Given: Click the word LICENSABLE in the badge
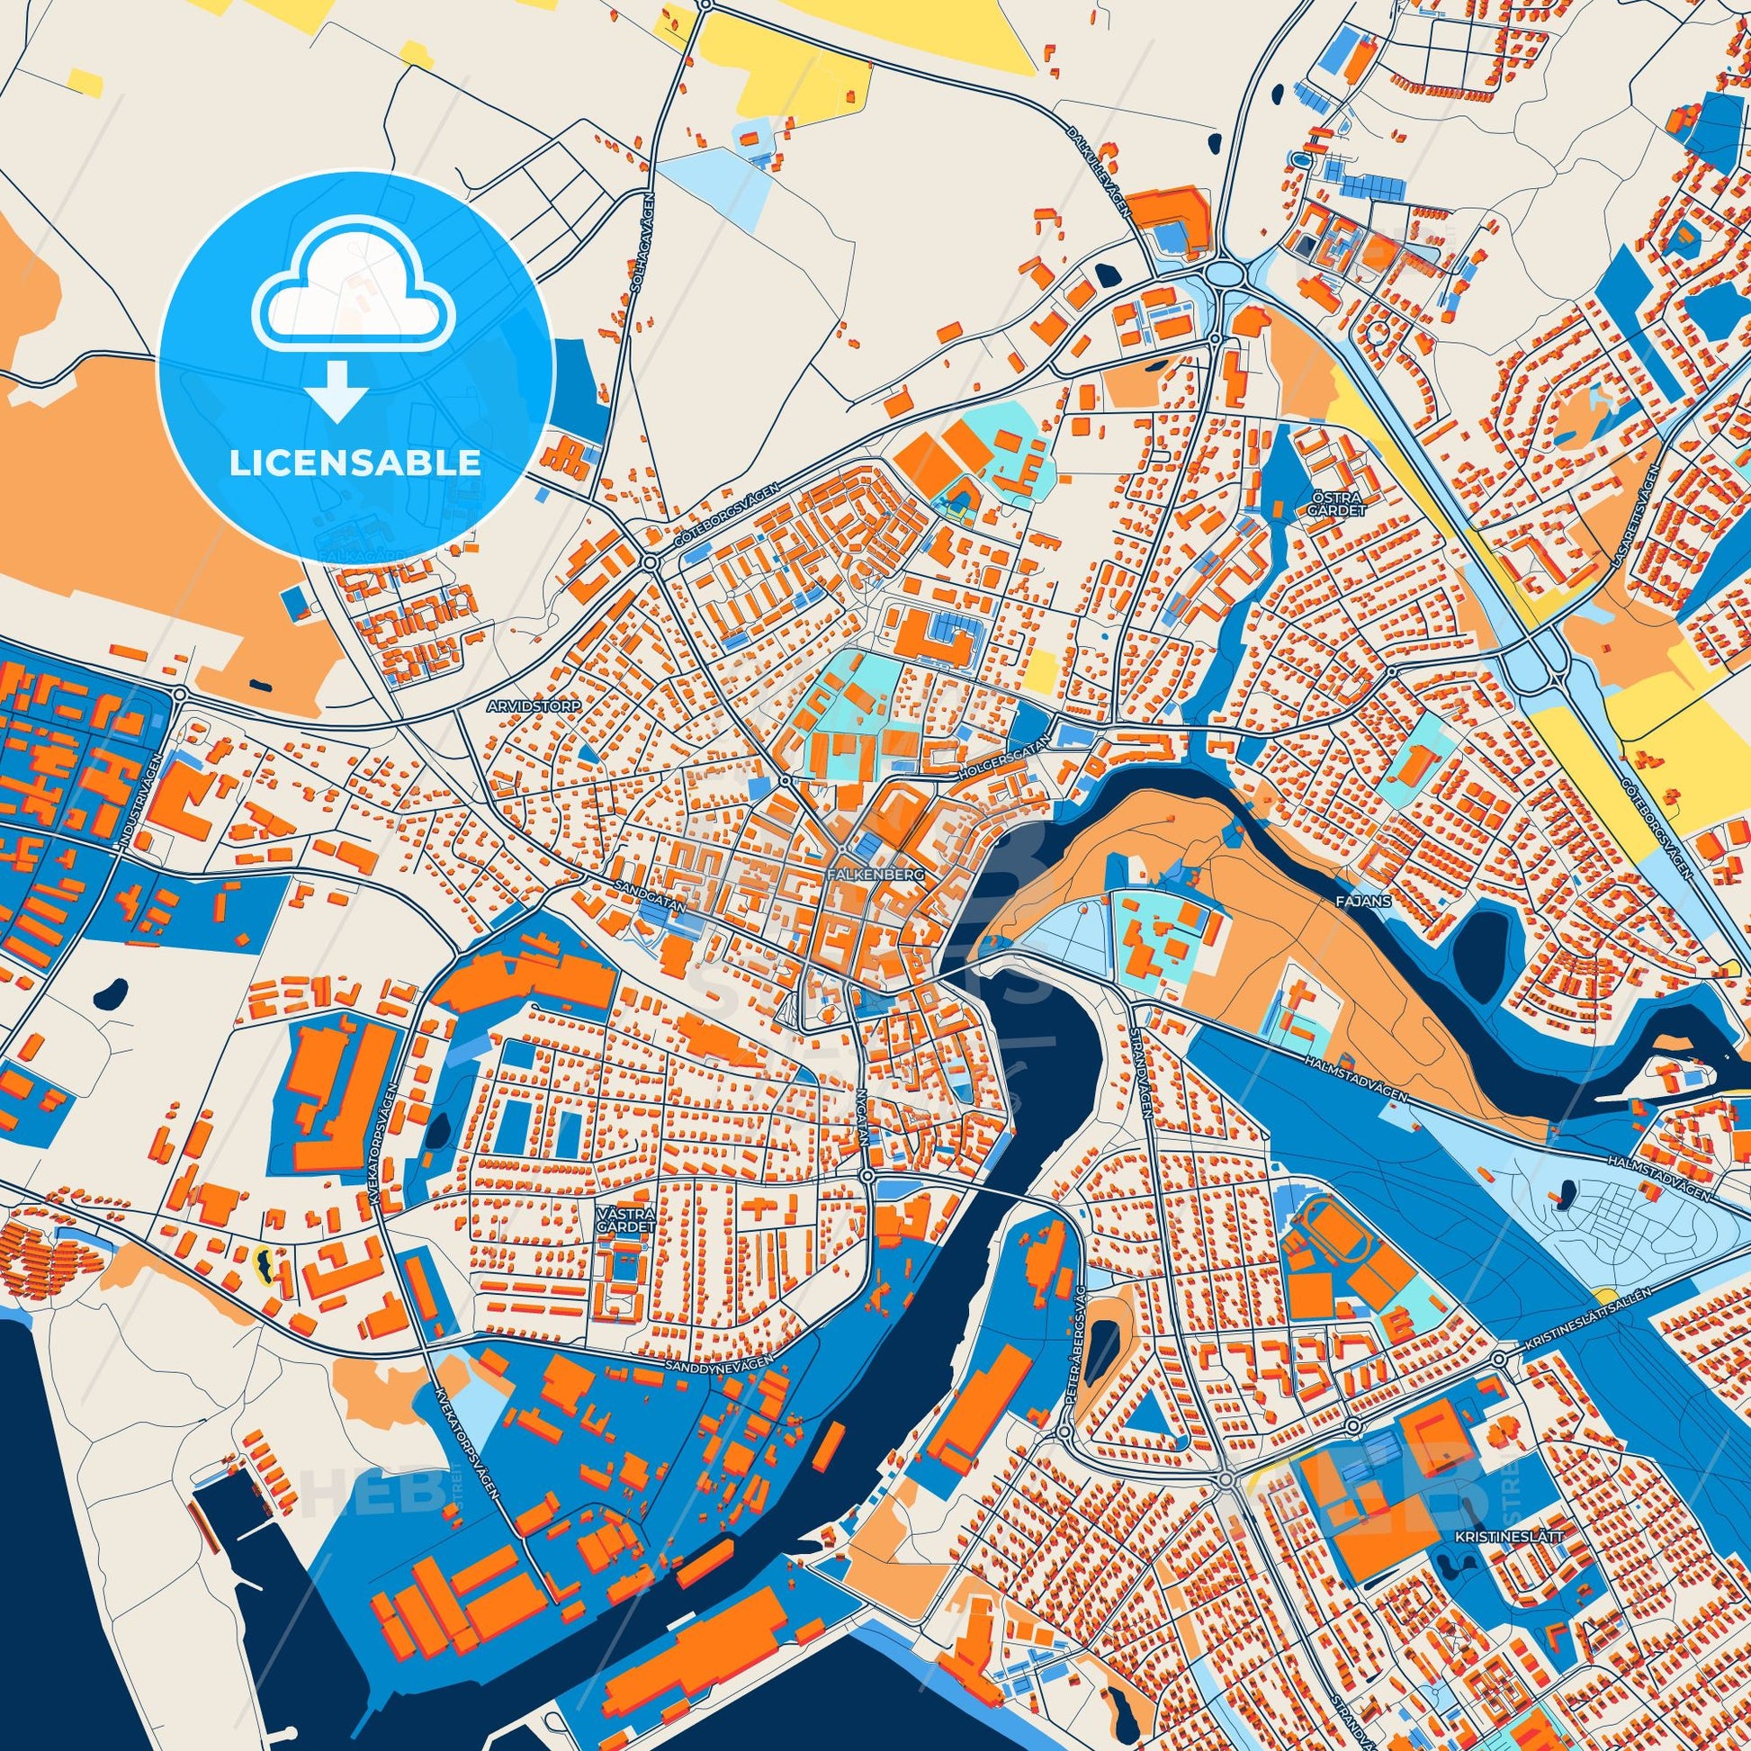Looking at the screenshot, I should click(355, 463).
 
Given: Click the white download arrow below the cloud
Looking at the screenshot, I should click(337, 391).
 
